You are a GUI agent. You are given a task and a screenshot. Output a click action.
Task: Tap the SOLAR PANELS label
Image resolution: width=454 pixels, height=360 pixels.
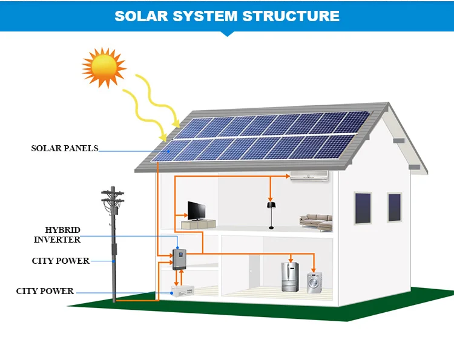(x=64, y=148)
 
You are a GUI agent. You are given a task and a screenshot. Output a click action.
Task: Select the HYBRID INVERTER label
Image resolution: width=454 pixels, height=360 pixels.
(x=57, y=235)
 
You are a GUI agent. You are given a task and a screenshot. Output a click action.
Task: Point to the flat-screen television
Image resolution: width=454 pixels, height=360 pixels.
(x=197, y=211)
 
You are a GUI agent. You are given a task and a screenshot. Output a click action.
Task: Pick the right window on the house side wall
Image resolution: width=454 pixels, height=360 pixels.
(x=395, y=208)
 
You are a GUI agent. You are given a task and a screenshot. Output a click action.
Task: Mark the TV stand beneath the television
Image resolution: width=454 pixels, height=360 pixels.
(x=197, y=224)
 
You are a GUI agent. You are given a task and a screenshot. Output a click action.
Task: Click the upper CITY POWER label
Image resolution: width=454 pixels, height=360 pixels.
(x=61, y=261)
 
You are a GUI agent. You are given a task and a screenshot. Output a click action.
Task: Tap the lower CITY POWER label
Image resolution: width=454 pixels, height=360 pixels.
(x=45, y=291)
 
